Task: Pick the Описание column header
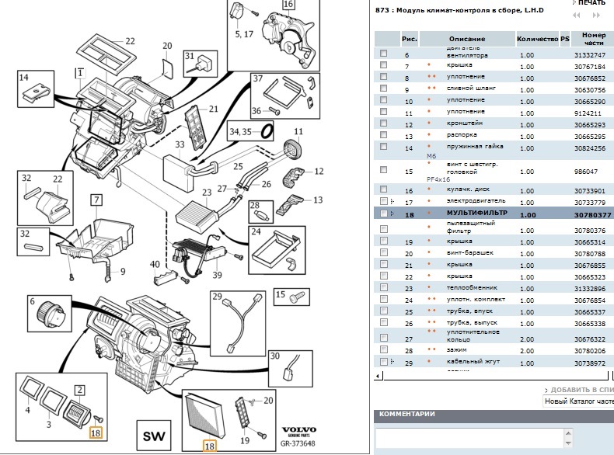coord(466,39)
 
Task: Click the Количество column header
coord(537,39)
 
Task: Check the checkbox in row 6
coord(383,54)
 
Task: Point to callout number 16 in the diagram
coord(267,5)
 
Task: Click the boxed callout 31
coord(190,57)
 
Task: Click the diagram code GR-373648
coord(299,445)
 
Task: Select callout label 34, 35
coord(240,133)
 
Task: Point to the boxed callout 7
coord(96,200)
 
